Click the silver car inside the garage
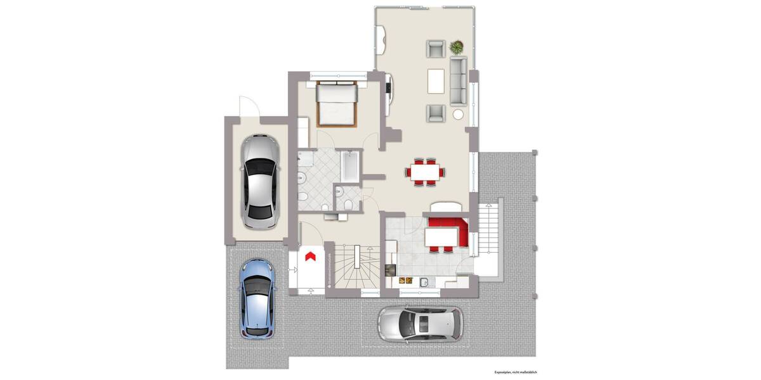(x=260, y=182)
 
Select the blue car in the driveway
(x=257, y=298)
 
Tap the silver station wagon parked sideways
(x=420, y=324)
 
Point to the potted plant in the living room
(x=457, y=47)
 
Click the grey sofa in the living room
(x=459, y=80)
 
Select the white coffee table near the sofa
(x=436, y=80)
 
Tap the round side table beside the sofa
(x=458, y=115)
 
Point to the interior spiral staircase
(x=357, y=265)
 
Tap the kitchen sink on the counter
(x=426, y=281)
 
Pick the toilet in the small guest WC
(x=350, y=203)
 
